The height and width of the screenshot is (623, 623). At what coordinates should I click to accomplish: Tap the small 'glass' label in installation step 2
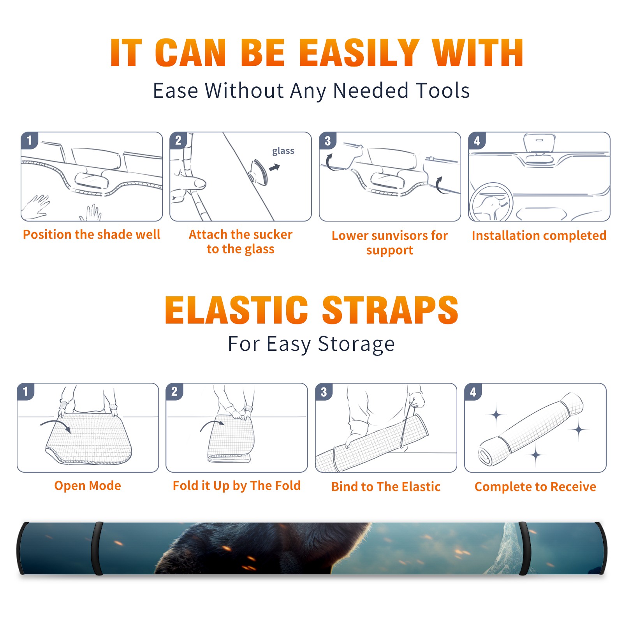tap(283, 151)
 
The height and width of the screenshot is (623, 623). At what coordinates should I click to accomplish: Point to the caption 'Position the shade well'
tap(92, 234)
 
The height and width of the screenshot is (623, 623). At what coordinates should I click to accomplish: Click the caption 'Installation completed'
tap(539, 235)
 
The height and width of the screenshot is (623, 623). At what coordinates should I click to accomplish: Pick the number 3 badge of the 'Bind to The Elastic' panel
tap(324, 392)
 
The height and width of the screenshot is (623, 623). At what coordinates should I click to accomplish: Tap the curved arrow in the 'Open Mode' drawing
tap(56, 426)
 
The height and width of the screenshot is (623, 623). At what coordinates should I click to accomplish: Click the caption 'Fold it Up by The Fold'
tap(237, 486)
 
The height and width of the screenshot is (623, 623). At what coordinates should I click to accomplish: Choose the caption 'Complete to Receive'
tap(535, 487)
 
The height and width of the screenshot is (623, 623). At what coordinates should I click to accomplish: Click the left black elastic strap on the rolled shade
tap(97, 548)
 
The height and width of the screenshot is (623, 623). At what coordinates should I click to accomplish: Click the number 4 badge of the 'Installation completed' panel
tap(477, 141)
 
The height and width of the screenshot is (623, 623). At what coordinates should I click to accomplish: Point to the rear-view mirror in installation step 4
tap(539, 143)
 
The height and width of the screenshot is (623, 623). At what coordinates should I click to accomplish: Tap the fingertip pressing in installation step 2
tap(199, 183)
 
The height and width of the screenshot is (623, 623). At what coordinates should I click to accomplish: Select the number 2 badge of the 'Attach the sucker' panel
tap(178, 140)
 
